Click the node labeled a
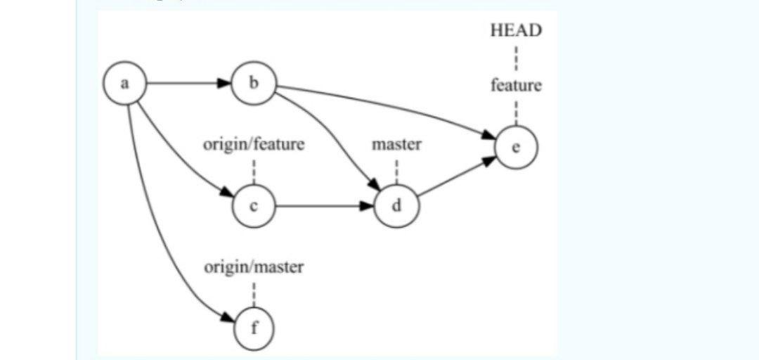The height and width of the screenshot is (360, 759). coord(124,84)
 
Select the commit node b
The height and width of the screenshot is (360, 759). coord(254,84)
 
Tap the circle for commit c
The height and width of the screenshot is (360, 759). coord(254,207)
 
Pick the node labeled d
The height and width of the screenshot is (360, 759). coord(396,207)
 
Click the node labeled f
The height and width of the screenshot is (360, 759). coord(254,329)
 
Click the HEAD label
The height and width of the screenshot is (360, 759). coord(516,30)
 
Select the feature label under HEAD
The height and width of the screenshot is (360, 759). coord(516,86)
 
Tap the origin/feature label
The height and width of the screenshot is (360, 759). coord(254,145)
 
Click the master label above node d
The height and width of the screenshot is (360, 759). coord(396,145)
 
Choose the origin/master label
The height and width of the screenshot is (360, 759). coord(254,267)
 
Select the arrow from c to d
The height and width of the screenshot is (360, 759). coord(323,207)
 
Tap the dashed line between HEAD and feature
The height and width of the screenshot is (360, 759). coord(516,58)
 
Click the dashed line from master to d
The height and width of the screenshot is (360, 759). coord(396,171)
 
